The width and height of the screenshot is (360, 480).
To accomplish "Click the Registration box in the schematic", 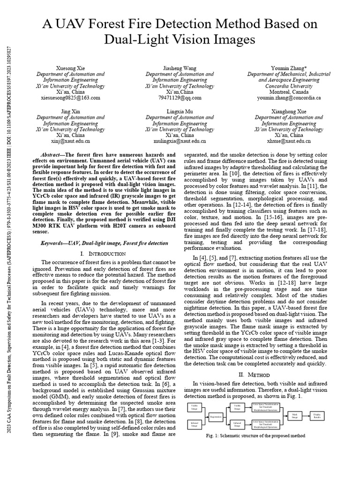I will pyautogui.click(x=216, y=416).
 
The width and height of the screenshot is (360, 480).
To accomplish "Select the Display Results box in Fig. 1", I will pyautogui.click(x=317, y=415).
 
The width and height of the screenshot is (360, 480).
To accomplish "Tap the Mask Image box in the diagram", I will pyautogui.click(x=294, y=415).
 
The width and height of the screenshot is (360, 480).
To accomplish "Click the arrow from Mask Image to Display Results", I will pyautogui.click(x=306, y=415).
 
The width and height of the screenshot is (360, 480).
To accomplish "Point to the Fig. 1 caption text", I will pyautogui.click(x=256, y=435).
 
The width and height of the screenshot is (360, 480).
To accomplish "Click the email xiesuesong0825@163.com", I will pyautogui.click(x=70, y=98).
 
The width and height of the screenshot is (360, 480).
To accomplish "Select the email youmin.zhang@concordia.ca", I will pyautogui.click(x=289, y=98).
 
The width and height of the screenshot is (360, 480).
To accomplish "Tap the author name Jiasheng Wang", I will pyautogui.click(x=180, y=68).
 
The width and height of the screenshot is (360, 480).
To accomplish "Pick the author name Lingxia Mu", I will pyautogui.click(x=180, y=111).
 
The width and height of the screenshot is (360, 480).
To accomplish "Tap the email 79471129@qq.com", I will pyautogui.click(x=180, y=98).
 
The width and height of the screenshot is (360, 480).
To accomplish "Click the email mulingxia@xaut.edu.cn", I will pyautogui.click(x=180, y=141).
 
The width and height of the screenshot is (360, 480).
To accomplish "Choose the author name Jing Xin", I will pyautogui.click(x=70, y=111).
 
